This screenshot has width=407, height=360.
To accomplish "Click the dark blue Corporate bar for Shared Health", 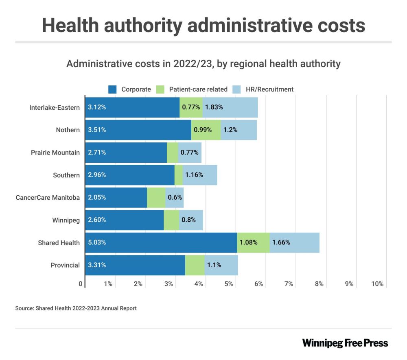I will (161, 242).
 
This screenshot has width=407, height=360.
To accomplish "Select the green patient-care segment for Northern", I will (206, 130).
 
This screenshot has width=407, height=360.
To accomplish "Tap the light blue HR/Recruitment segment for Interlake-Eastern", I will (230, 107).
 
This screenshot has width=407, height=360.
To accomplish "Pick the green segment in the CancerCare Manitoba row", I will (156, 197).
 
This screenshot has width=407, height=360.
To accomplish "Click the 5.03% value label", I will (97, 242).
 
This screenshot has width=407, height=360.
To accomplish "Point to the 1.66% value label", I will (281, 242).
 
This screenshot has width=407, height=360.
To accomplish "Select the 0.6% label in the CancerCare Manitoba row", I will (175, 197).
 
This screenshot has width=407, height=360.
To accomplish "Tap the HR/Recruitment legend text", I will (269, 89).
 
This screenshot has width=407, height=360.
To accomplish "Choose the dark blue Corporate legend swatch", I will (113, 89).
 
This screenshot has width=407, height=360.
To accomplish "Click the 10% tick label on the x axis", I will (377, 284).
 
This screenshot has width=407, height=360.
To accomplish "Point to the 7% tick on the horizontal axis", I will (289, 284).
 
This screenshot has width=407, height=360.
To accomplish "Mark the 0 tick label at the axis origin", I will (81, 284).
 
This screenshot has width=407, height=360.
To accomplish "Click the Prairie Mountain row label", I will (55, 153).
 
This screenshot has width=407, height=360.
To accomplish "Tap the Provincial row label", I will (65, 265).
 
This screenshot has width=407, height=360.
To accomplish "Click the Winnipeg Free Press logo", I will (345, 343).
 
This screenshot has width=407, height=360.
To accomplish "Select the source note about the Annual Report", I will (76, 308).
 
